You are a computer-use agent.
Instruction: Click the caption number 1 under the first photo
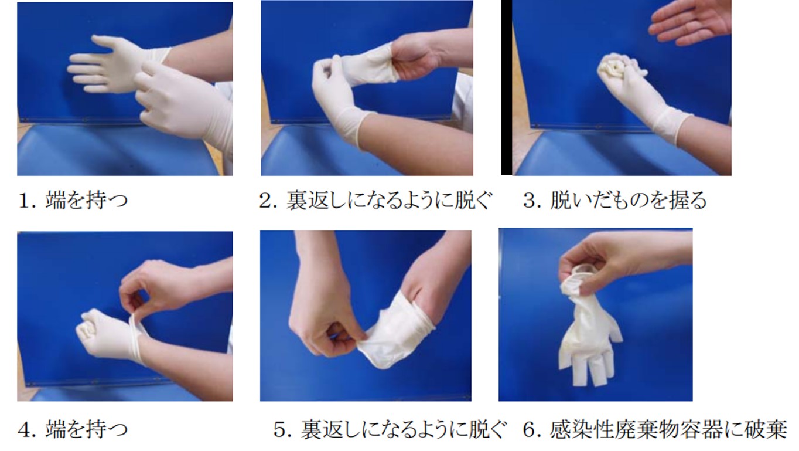tap(23, 201)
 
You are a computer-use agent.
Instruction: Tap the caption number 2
tap(266, 201)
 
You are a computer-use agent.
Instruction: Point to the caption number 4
tap(23, 429)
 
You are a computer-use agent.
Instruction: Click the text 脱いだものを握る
tap(628, 201)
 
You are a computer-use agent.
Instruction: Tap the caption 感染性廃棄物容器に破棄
tap(668, 429)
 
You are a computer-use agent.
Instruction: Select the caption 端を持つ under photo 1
tap(86, 201)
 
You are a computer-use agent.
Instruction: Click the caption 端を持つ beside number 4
tap(86, 429)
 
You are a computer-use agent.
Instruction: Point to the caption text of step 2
tap(389, 201)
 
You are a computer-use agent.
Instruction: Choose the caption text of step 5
tap(403, 429)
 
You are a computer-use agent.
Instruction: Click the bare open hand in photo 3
tap(690, 23)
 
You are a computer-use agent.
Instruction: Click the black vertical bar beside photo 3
tap(507, 87)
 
